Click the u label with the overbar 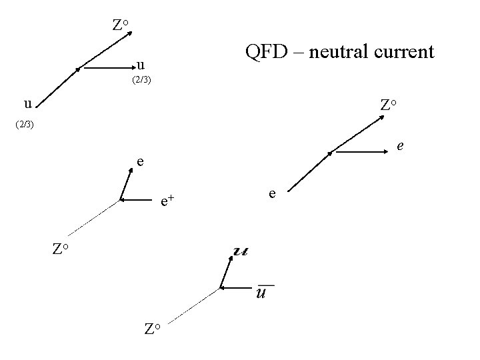[x=263, y=292]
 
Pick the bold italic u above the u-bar [x=241, y=251]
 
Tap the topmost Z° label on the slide [x=121, y=26]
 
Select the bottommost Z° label [x=153, y=328]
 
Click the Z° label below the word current [x=388, y=105]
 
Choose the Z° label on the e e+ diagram [x=61, y=249]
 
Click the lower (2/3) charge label [x=24, y=124]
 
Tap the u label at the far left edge [x=27, y=104]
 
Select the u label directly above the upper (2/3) [x=140, y=65]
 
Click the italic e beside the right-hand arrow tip [x=400, y=144]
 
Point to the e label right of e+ [x=272, y=193]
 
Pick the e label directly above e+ [x=140, y=161]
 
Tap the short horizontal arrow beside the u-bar [x=235, y=288]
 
